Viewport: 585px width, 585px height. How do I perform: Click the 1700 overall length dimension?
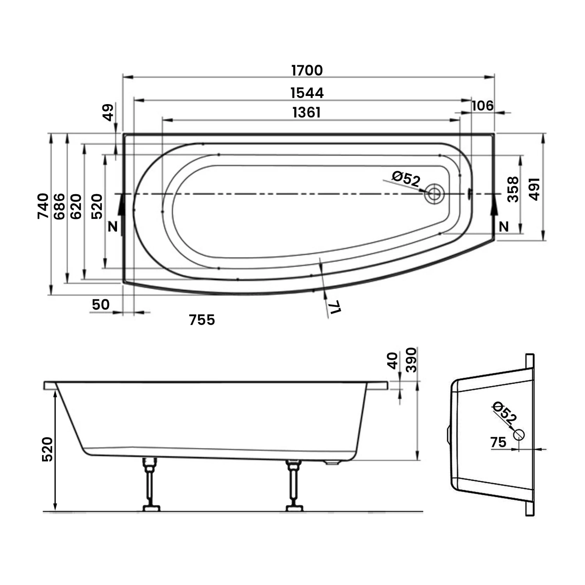tap(307, 71)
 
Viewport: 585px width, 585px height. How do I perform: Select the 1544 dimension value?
tap(307, 93)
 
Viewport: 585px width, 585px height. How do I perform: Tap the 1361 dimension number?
tap(307, 113)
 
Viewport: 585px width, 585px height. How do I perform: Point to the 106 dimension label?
tap(482, 106)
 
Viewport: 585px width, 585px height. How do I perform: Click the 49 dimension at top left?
tap(108, 112)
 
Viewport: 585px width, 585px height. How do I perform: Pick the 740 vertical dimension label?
tap(43, 206)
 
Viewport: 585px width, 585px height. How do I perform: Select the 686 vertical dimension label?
tap(59, 206)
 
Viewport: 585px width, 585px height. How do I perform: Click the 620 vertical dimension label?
tap(76, 206)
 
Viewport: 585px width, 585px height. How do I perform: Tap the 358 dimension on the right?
tap(513, 190)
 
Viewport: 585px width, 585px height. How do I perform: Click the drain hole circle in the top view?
tap(434, 194)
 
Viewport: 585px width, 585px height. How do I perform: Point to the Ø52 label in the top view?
tap(406, 179)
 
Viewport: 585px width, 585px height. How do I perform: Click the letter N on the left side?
tap(113, 227)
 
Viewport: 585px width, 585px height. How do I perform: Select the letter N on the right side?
tap(504, 227)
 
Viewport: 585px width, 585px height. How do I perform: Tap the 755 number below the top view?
tap(202, 320)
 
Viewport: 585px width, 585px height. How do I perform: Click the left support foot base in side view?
tap(151, 508)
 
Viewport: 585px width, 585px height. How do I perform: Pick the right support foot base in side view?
tap(294, 508)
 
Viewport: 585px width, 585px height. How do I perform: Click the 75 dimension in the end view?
tap(498, 442)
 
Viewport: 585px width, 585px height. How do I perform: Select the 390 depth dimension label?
tap(411, 360)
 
